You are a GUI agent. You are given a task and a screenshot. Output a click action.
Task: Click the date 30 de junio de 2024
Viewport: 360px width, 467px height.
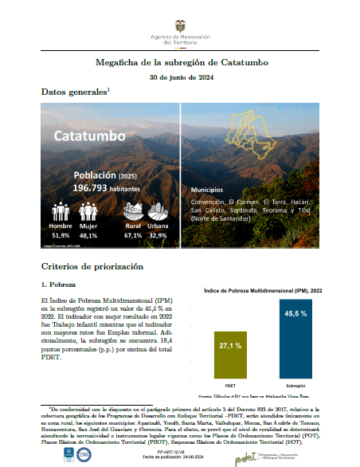point(179,77)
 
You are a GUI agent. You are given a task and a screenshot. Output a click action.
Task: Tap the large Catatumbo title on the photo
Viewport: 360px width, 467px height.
point(90,135)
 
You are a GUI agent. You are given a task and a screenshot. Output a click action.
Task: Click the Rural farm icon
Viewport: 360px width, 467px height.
point(133,211)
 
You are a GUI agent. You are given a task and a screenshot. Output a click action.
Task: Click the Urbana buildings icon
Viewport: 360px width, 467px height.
point(158,211)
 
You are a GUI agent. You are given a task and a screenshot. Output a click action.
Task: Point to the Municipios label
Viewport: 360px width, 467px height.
point(209,191)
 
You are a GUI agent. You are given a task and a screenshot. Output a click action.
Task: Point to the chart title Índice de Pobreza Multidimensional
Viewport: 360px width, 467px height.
point(268,290)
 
